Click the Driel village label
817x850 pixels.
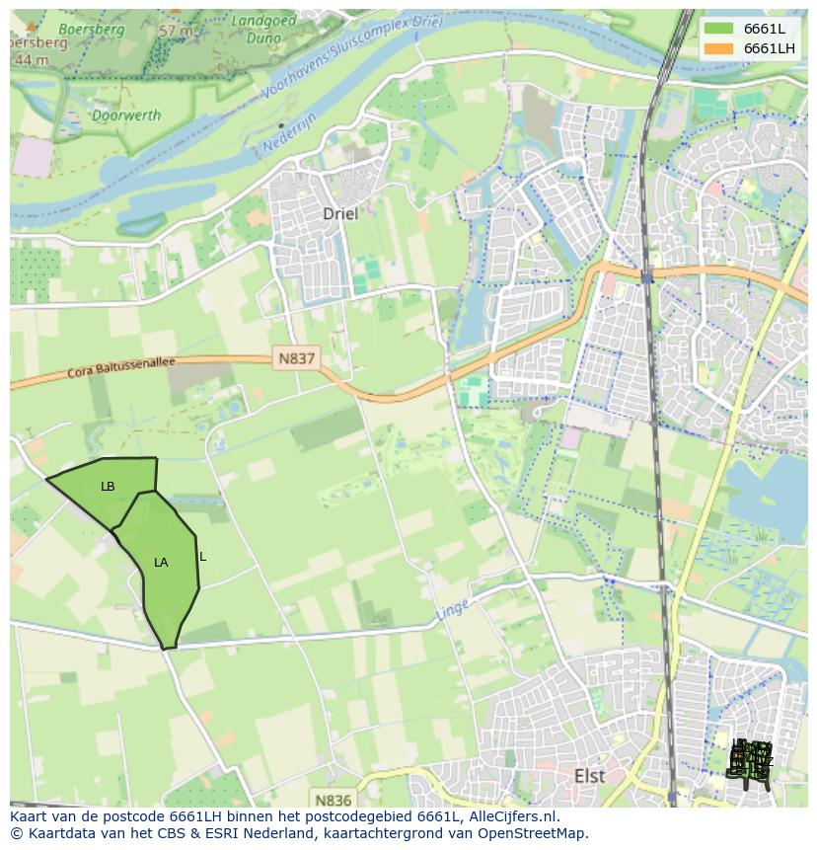point(340,213)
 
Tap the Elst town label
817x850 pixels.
point(589,776)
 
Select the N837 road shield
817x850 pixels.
point(295,359)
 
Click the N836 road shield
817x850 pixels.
point(333,799)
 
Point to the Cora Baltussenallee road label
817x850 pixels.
point(121,367)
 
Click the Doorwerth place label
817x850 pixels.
point(126,116)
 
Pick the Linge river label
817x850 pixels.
point(453,610)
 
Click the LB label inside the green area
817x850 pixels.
point(108,487)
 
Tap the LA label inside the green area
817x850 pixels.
point(161,563)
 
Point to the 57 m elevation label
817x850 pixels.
point(176,31)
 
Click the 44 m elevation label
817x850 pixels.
point(32,60)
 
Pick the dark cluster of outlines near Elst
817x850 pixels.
point(750,762)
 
